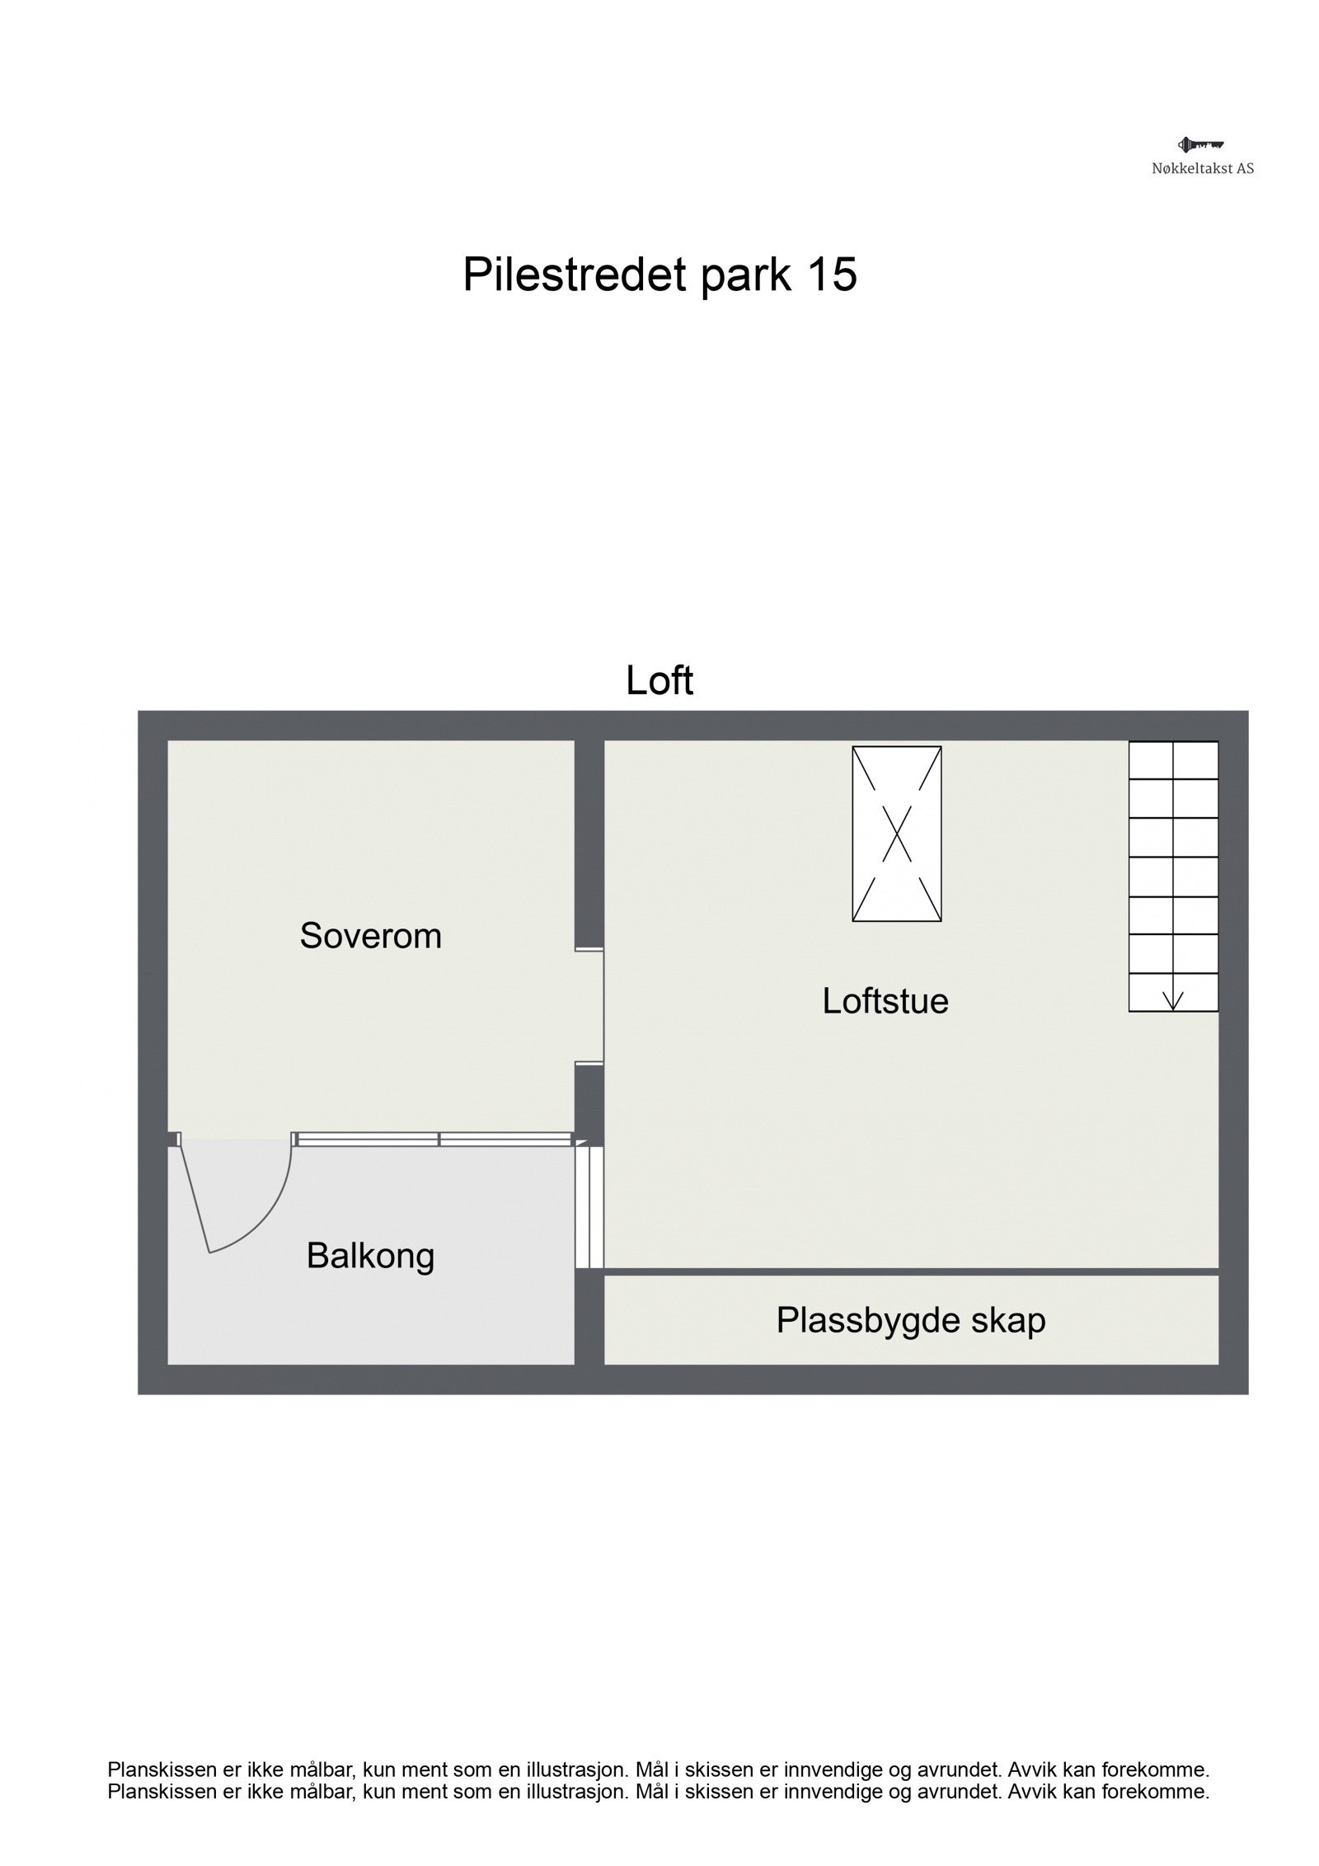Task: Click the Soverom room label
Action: (x=370, y=935)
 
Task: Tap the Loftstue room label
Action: (x=885, y=1000)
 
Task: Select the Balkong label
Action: (x=370, y=1256)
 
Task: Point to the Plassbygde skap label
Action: (x=910, y=1320)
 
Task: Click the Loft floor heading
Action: (x=659, y=680)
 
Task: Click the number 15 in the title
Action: (x=832, y=274)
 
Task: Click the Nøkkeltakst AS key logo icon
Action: (x=1201, y=145)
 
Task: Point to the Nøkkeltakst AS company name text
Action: (x=1203, y=169)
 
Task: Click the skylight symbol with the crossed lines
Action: (x=896, y=833)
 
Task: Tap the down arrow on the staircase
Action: (x=1172, y=999)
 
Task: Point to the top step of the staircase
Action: (x=1173, y=759)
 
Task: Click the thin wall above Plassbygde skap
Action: (x=910, y=1271)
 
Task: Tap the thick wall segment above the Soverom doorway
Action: (x=589, y=841)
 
